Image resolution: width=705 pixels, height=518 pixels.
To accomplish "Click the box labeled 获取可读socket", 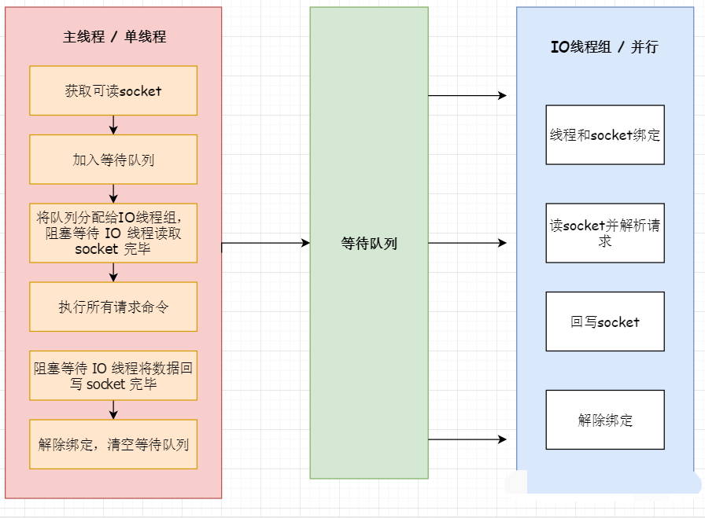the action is coord(113,90).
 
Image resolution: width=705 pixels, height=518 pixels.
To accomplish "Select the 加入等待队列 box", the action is coord(113,160).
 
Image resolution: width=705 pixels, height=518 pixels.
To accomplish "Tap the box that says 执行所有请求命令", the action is coord(113,307).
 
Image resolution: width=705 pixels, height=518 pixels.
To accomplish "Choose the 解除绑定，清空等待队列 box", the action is coord(113,444).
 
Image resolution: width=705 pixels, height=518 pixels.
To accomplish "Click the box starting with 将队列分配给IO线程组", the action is coord(113,233).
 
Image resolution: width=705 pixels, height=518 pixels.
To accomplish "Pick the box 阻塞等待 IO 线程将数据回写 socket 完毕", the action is coord(113,376).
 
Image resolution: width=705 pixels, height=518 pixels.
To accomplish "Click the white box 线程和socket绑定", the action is coord(605,134).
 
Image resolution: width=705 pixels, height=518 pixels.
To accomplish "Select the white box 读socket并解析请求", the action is coord(605,233).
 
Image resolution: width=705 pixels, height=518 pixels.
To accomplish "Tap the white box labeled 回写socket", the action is coord(605,321).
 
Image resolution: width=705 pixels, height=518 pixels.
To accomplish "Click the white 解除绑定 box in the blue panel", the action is coord(605,420).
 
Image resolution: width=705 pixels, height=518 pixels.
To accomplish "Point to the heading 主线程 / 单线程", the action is coord(114,36).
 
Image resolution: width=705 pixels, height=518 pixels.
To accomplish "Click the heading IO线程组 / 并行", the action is coord(605,46).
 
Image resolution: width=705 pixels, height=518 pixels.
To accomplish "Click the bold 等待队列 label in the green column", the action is coord(369,244).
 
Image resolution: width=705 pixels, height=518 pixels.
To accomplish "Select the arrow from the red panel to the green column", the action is coord(266,243).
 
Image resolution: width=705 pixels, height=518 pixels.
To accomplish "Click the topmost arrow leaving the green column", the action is coord(467,95).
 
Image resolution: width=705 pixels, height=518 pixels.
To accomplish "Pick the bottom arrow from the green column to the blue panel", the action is coord(467,439).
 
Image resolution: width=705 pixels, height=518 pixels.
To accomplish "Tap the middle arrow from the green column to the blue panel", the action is coord(467,243).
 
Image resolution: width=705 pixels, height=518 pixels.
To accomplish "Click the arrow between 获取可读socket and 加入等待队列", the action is coord(113,125).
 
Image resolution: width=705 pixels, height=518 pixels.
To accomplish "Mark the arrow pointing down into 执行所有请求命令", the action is coord(113,272).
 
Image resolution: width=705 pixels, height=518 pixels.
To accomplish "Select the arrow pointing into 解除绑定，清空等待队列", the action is coord(113,410).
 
